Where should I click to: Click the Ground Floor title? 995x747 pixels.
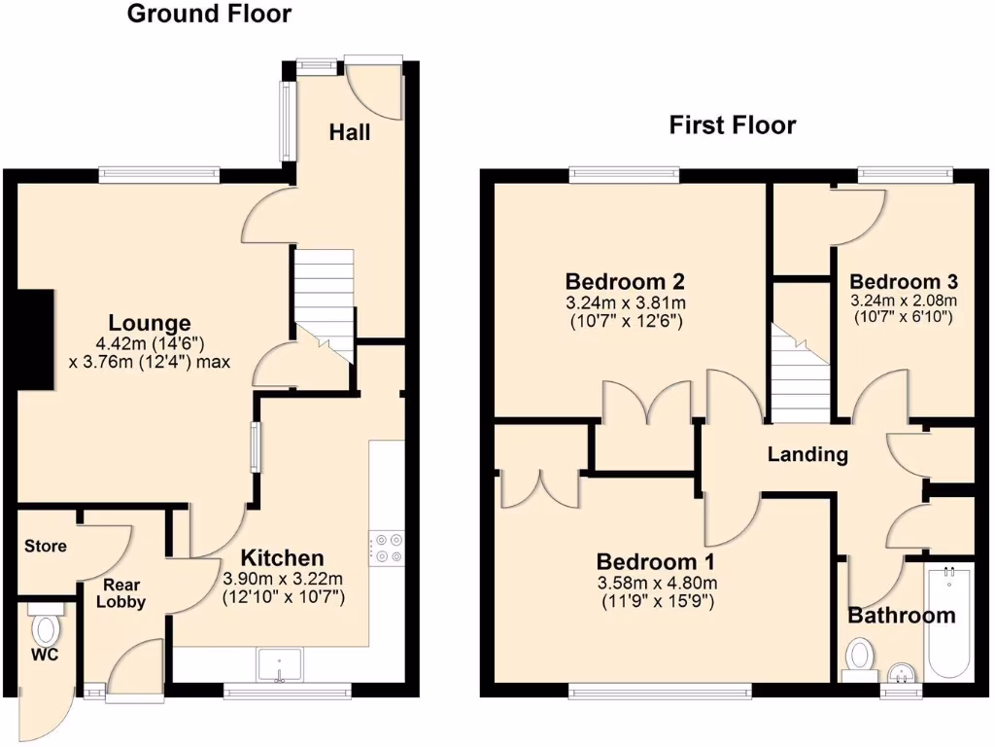pos(209,14)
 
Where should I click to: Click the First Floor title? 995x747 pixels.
pos(733,125)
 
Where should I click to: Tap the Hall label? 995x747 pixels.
pos(350,131)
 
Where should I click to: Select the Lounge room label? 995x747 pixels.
pos(149,323)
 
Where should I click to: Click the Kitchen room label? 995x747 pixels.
pos(282,558)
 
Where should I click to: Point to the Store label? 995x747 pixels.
pos(47,546)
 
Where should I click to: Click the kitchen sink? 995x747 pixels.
pos(279,667)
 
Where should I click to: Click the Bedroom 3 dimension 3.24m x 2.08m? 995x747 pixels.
pos(904,301)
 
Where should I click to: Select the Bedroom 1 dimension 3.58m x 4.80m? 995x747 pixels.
pos(656,583)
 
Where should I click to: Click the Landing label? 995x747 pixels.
pos(807,453)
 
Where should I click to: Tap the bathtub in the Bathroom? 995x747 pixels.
pos(949,622)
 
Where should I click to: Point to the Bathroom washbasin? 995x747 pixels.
pos(901,672)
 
